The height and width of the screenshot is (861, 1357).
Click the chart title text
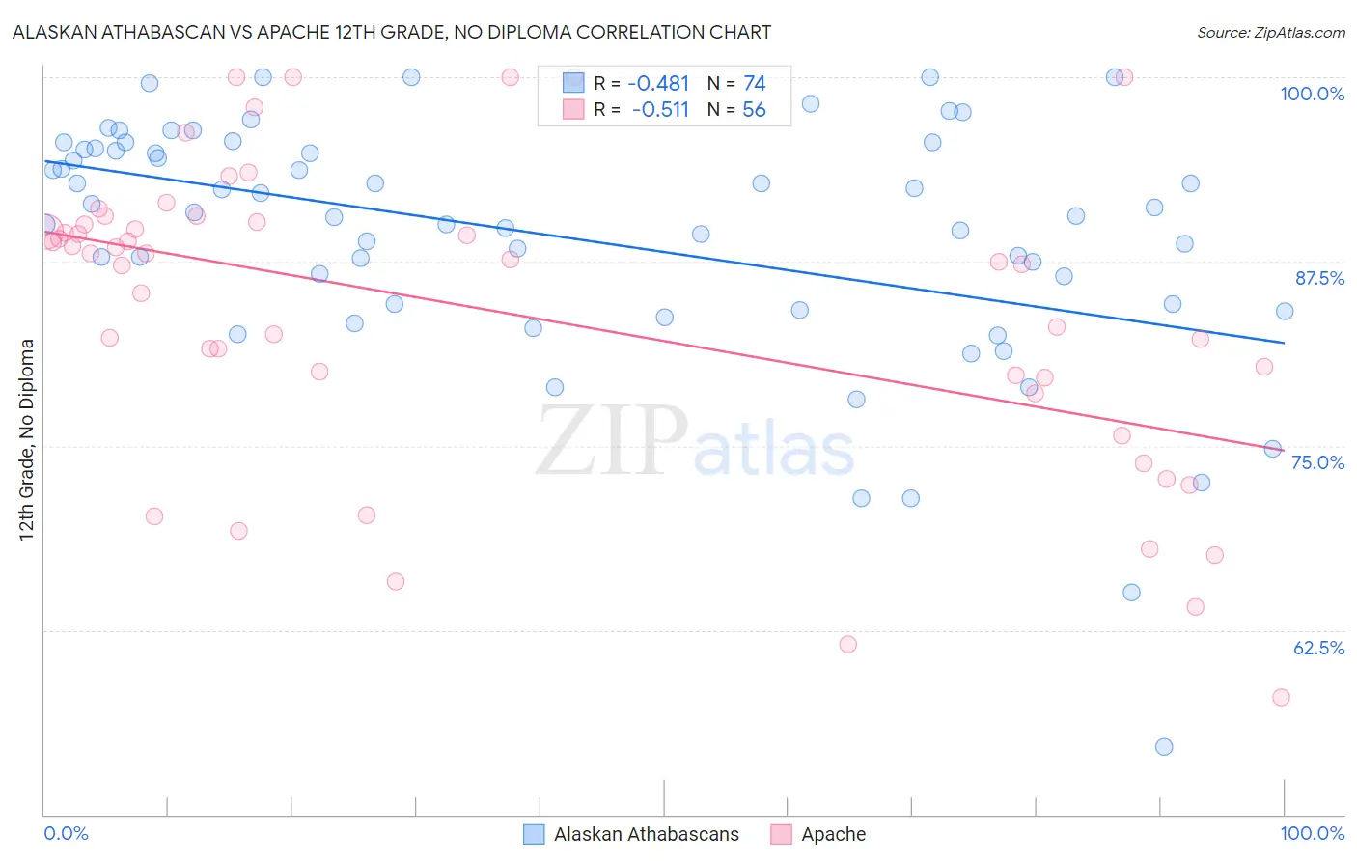(392, 32)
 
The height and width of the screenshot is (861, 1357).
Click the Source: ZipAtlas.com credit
(1270, 32)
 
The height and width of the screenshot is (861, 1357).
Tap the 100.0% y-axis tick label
(1312, 94)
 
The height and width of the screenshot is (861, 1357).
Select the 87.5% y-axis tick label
(1318, 278)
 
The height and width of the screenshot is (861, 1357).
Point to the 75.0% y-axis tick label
(1317, 462)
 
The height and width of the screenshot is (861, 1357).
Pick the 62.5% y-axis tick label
(1318, 648)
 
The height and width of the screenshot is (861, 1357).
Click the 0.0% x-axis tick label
(66, 833)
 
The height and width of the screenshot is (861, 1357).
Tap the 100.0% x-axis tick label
(1312, 833)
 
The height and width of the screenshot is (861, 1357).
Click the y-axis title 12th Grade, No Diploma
(27, 439)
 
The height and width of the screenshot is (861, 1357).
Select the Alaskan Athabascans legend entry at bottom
(646, 834)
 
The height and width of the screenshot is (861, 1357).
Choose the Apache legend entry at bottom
(833, 834)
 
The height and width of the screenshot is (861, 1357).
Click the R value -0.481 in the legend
(658, 84)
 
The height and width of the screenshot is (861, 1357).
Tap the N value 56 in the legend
(754, 110)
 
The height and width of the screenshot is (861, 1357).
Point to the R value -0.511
(660, 110)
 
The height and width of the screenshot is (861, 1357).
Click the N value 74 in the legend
(754, 84)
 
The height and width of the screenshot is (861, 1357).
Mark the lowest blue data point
(1164, 747)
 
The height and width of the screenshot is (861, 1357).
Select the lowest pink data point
(1281, 697)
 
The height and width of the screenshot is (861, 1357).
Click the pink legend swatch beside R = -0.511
(573, 109)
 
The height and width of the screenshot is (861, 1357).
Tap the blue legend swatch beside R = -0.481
(573, 83)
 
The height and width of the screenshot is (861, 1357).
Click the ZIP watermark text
(612, 440)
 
